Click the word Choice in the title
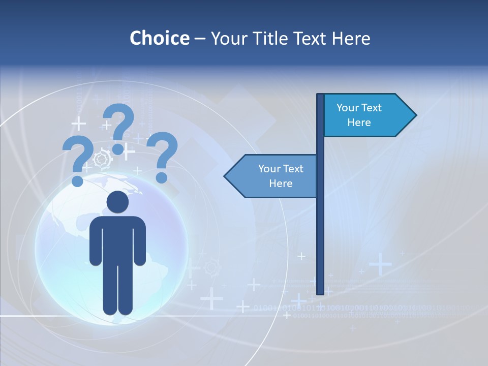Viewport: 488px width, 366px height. pyautogui.click(x=159, y=38)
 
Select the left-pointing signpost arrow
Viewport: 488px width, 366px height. pyautogui.click(x=272, y=176)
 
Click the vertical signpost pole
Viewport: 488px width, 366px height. pyautogui.click(x=320, y=229)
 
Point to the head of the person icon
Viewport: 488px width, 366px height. pyautogui.click(x=117, y=202)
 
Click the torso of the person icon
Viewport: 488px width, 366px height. pyautogui.click(x=117, y=239)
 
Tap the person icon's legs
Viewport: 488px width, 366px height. pyautogui.click(x=117, y=290)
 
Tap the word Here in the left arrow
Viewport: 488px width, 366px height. pyautogui.click(x=281, y=184)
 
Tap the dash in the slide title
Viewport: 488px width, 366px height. pyautogui.click(x=200, y=39)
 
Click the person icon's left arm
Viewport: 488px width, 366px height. pyautogui.click(x=96, y=241)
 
